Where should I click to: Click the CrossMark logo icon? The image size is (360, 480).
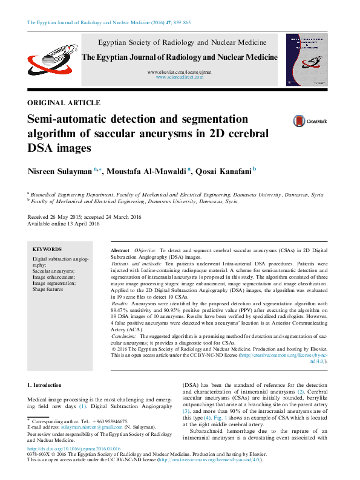pyautogui.click(x=298, y=121)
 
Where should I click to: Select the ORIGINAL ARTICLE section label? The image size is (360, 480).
pyautogui.click(x=64, y=103)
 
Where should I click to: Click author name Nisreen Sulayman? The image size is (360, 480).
pyautogui.click(x=60, y=172)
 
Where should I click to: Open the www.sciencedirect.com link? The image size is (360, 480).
pyautogui.click(x=182, y=78)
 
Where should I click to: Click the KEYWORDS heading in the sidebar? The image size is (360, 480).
pyautogui.click(x=47, y=249)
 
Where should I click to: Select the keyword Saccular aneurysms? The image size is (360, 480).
pyautogui.click(x=53, y=271)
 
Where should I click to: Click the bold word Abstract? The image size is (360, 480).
pyautogui.click(x=120, y=250)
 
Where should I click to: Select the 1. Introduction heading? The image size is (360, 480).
pyautogui.click(x=45, y=385)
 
